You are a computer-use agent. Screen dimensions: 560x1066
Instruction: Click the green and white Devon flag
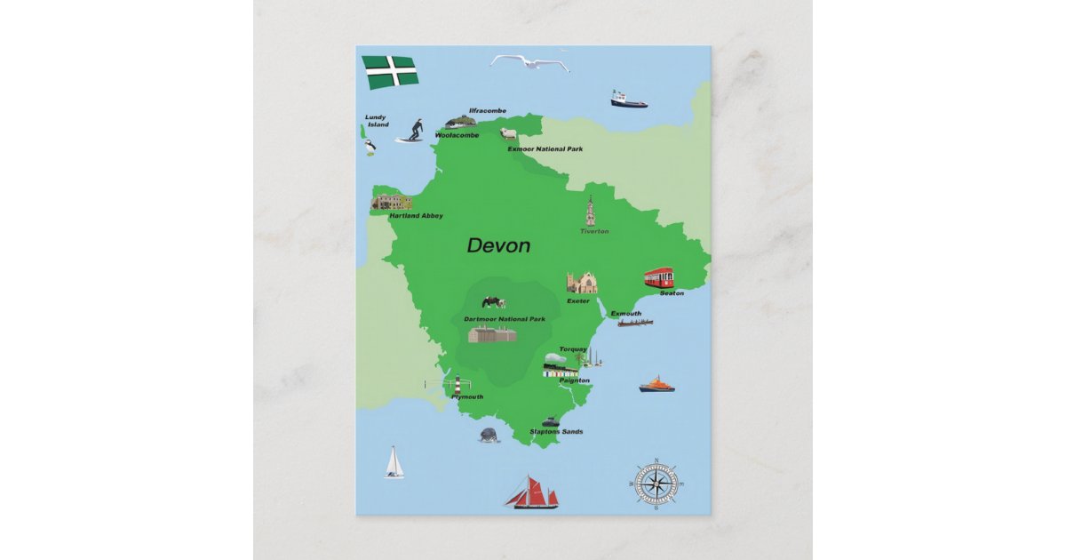(390, 71)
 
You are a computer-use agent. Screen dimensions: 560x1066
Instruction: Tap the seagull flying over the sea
(529, 62)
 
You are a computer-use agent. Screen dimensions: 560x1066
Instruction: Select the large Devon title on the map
(498, 246)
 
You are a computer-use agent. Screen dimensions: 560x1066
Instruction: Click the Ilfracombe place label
(488, 110)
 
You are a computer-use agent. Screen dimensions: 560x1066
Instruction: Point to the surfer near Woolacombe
(410, 131)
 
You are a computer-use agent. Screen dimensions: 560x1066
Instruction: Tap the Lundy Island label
(377, 121)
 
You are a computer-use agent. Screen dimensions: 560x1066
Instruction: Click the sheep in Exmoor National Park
(508, 133)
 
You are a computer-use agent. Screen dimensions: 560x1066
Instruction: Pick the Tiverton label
(594, 231)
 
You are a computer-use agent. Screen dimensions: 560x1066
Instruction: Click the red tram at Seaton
(659, 277)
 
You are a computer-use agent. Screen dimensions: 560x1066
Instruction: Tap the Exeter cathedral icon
(582, 283)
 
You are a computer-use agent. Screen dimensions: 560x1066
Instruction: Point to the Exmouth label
(625, 314)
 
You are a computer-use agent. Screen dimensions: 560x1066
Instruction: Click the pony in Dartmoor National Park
(494, 303)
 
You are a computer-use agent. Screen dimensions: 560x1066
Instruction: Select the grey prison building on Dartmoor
(493, 334)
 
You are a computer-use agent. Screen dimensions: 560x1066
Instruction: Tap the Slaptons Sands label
(556, 432)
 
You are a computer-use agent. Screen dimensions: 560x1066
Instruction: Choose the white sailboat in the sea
(394, 463)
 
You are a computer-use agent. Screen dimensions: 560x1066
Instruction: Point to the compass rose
(656, 484)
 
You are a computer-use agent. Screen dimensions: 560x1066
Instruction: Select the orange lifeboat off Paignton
(656, 384)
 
